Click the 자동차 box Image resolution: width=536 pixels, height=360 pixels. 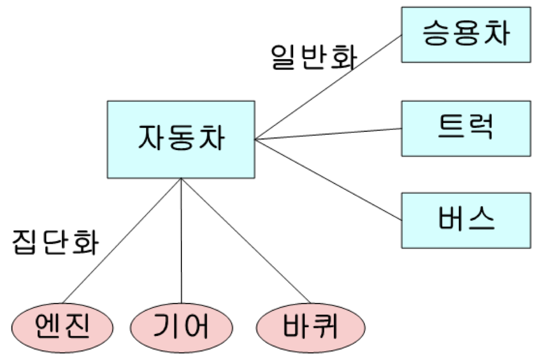pos(181,139)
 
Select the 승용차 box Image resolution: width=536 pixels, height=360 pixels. pos(466,35)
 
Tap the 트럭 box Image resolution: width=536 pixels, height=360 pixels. pos(466,129)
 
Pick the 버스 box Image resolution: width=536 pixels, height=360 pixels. pos(466,220)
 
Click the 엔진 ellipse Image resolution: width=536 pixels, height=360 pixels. pos(62,328)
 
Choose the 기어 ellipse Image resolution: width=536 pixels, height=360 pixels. pos(181,328)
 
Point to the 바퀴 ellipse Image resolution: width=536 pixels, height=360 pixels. pos(311,328)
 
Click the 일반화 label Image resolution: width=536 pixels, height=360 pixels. pos(314,57)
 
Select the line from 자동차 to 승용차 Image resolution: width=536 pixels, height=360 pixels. pos(328,87)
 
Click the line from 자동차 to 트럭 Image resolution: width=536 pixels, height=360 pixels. pos(328,134)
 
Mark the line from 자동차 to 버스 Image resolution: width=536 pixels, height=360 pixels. pos(328,180)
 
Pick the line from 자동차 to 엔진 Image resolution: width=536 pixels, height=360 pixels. pos(122,241)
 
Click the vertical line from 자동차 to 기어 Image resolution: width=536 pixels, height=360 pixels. pos(181,241)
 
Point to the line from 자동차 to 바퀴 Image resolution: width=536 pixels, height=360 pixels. pos(246,241)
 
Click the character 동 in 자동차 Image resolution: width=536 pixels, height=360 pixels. pos(181,138)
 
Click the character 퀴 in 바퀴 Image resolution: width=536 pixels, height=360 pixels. pos(325,326)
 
